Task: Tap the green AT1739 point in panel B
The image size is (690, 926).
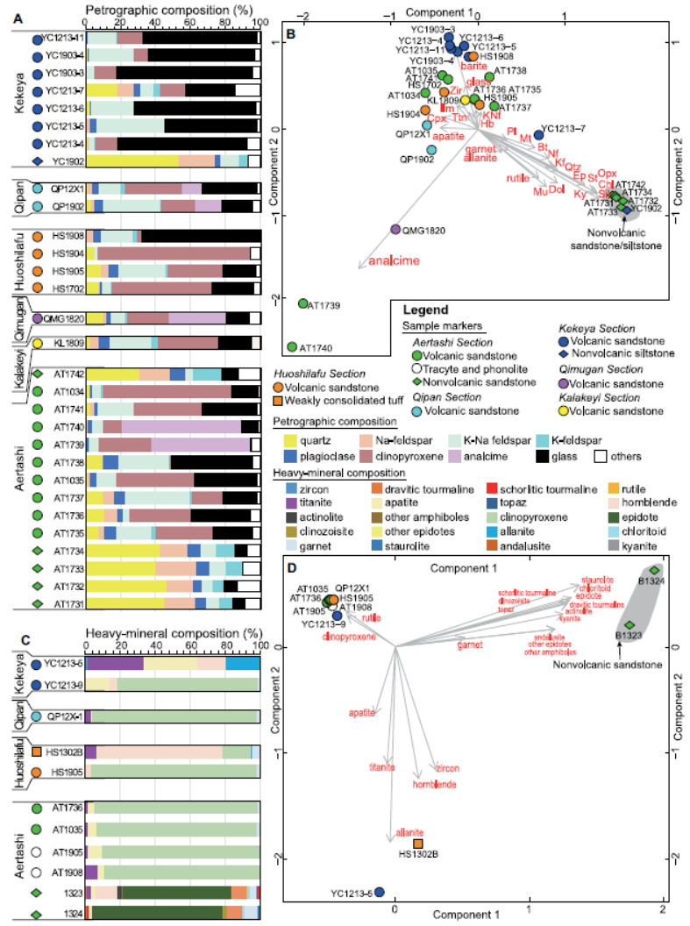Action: click(x=303, y=303)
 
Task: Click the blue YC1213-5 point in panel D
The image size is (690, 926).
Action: click(x=380, y=893)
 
